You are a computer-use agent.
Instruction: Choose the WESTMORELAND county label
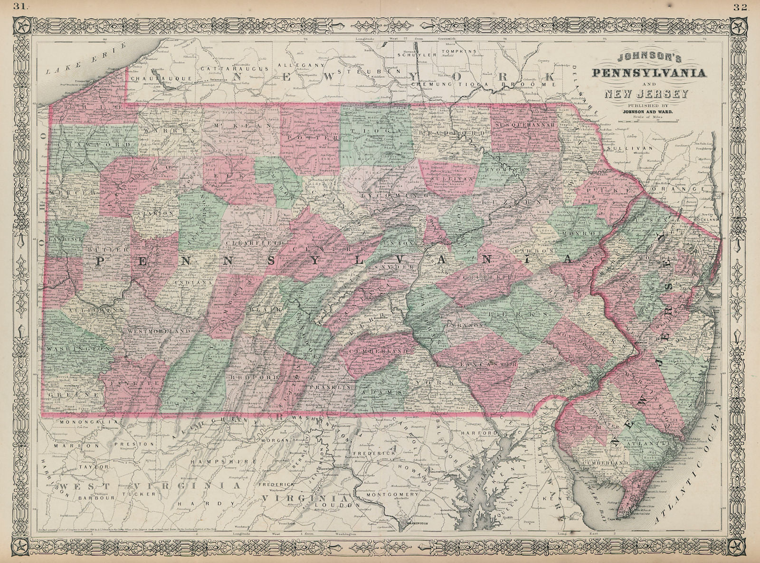pos(152,331)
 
